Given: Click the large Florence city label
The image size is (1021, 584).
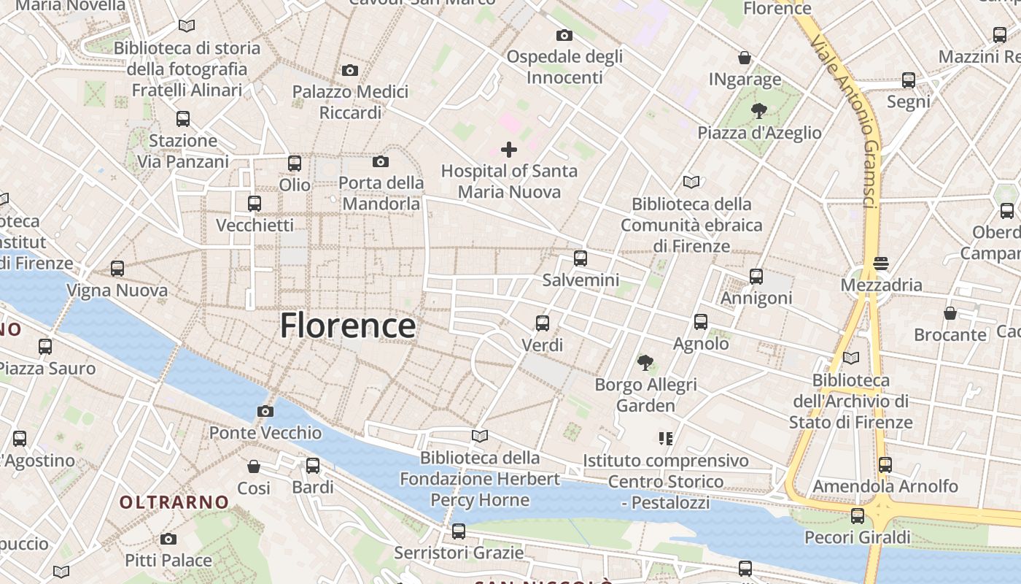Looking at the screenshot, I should pyautogui.click(x=348, y=325).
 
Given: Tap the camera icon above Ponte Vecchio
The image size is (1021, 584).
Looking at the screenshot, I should pyautogui.click(x=265, y=411).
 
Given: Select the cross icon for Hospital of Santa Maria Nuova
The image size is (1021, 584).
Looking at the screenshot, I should pyautogui.click(x=509, y=150).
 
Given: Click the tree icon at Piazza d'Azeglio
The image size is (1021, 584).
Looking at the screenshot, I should pyautogui.click(x=759, y=111).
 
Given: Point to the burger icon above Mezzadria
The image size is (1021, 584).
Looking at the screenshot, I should pyautogui.click(x=881, y=263).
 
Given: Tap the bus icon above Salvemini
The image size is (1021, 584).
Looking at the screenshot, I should pyautogui.click(x=581, y=258).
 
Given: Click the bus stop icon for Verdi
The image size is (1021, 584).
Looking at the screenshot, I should pyautogui.click(x=543, y=323).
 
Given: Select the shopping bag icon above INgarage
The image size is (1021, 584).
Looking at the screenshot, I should pyautogui.click(x=745, y=58).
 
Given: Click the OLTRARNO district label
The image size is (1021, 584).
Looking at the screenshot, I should pyautogui.click(x=174, y=502).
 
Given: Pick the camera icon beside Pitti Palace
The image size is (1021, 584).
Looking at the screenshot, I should pyautogui.click(x=168, y=539).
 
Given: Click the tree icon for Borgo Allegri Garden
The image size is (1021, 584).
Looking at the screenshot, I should pyautogui.click(x=645, y=362).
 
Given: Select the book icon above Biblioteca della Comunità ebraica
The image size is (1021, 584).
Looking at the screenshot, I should pyautogui.click(x=691, y=182).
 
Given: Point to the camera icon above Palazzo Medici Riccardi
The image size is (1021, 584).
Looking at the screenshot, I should pyautogui.click(x=350, y=70).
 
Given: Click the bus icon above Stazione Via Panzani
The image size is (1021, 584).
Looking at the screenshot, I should pyautogui.click(x=183, y=118).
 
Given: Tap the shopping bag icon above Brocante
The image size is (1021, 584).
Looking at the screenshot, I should pyautogui.click(x=950, y=313).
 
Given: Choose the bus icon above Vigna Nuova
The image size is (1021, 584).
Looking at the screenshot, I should pyautogui.click(x=117, y=268).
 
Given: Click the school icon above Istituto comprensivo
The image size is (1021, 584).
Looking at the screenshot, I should pyautogui.click(x=665, y=438).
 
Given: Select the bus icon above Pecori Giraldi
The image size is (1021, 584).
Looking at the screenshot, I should pyautogui.click(x=858, y=516).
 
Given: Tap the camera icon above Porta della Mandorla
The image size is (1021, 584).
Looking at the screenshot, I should pyautogui.click(x=381, y=161).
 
